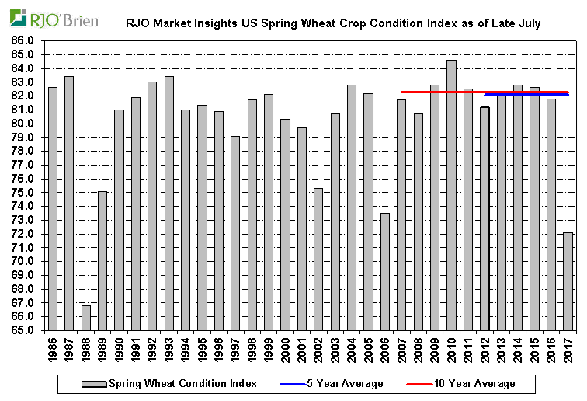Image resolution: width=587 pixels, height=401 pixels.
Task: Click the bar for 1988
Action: (x=86, y=318)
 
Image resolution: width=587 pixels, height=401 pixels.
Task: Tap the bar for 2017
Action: (x=568, y=281)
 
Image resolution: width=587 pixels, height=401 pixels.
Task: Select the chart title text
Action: (x=333, y=24)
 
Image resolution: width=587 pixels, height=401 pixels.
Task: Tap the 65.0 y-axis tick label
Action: (x=23, y=330)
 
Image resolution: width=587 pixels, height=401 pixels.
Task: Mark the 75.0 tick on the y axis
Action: (x=23, y=192)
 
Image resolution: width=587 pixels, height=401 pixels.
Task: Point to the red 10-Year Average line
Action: (x=435, y=92)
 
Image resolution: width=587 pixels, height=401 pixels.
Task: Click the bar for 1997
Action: (x=235, y=233)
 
